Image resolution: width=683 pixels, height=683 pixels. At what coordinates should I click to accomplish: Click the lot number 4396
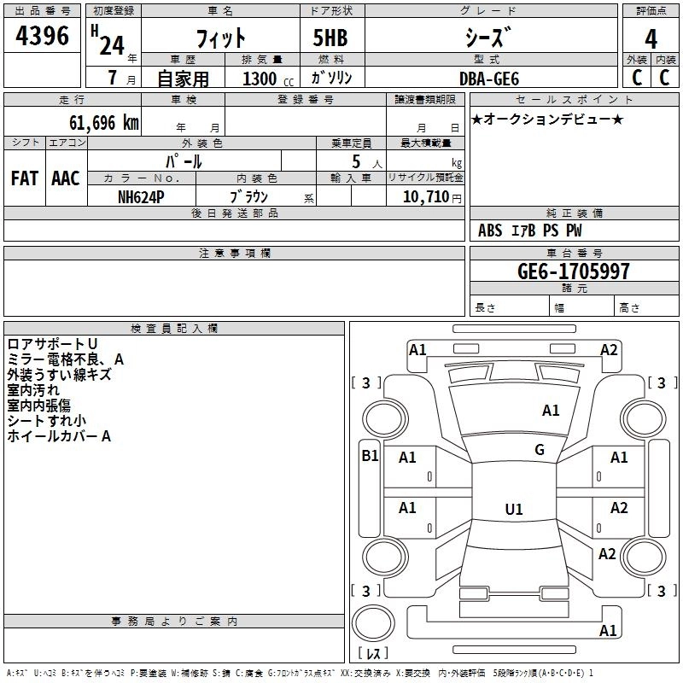[43, 37]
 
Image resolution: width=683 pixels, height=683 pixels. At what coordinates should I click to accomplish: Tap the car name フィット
[221, 38]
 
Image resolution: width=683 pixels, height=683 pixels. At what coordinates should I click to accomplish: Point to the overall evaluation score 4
[651, 38]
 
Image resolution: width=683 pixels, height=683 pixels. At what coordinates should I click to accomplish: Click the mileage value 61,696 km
[98, 123]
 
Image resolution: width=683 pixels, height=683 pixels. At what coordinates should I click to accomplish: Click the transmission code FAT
[25, 178]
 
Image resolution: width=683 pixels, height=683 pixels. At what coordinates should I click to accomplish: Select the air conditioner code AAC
[66, 178]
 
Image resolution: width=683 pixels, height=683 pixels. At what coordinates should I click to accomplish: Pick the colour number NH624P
[142, 196]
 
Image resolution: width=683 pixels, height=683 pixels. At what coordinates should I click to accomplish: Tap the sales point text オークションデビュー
[547, 119]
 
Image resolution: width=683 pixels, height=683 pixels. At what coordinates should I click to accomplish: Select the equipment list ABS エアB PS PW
[530, 231]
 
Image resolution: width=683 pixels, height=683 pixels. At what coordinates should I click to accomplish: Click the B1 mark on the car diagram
[370, 456]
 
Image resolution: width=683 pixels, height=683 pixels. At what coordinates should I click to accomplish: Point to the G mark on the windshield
[540, 450]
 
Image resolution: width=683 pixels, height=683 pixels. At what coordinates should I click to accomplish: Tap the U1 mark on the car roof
[513, 509]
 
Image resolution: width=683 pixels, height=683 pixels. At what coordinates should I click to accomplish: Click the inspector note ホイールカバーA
[59, 436]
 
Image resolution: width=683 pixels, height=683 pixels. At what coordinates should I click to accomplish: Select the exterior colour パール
[184, 161]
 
